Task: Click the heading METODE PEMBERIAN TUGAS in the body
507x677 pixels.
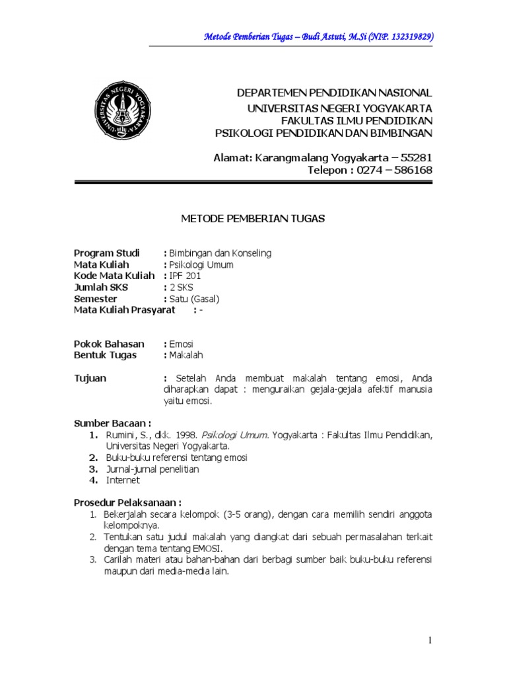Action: point(253,219)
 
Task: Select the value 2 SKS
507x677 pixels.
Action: point(182,287)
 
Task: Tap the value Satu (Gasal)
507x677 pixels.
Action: point(194,298)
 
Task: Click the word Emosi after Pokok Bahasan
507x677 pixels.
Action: point(181,344)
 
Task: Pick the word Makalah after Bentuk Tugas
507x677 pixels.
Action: point(186,355)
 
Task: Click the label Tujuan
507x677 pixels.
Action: point(90,378)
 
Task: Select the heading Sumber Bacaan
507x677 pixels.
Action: point(112,423)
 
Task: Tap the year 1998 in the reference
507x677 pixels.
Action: point(186,435)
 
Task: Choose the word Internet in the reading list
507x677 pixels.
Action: point(122,481)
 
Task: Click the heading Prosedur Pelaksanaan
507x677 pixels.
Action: point(127,502)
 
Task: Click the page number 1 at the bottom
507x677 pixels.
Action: point(430,639)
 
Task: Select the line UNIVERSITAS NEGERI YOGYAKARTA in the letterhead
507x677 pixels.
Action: point(339,107)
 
